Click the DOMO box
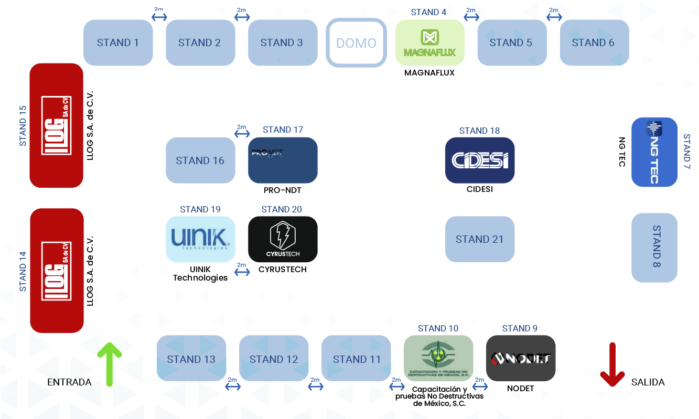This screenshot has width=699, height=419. (356, 43)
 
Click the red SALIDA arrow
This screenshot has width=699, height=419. (612, 365)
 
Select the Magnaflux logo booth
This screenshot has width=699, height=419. (429, 43)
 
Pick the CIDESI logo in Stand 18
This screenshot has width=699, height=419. (480, 160)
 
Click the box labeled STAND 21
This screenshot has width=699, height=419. (480, 239)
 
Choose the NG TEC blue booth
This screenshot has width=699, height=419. (654, 152)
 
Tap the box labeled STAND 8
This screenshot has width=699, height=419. (654, 248)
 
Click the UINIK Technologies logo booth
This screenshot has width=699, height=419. (200, 239)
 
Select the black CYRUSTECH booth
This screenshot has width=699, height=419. (283, 239)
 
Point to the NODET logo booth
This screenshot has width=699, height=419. (521, 358)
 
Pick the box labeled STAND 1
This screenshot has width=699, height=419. (118, 43)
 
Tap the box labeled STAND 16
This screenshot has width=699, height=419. (200, 160)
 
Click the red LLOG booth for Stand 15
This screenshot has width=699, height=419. (56, 125)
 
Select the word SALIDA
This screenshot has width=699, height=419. (648, 382)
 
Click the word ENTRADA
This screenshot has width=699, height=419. (69, 382)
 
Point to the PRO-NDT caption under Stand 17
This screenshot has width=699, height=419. (283, 190)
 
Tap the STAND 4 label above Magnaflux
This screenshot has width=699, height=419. (428, 12)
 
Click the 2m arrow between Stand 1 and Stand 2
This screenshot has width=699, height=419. (159, 17)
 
